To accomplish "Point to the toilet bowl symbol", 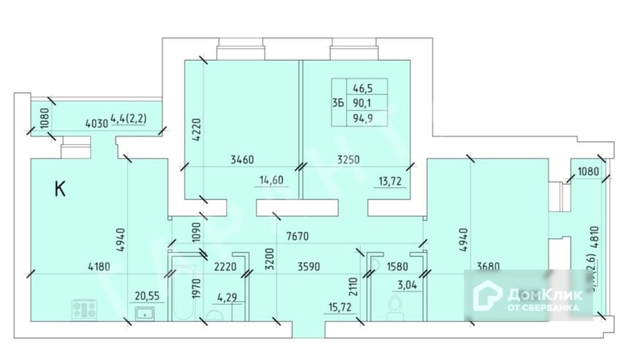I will (396, 307).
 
